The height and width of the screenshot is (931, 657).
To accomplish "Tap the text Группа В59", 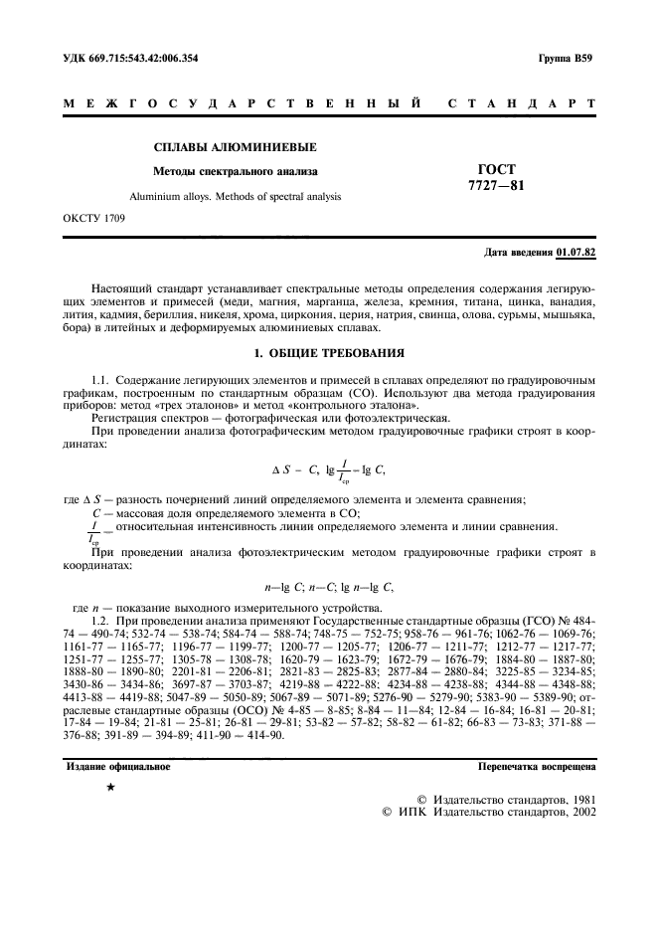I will tap(566, 59).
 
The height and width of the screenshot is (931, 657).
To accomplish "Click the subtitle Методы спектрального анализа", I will tap(235, 171).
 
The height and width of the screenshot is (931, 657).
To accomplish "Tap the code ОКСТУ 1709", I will tap(93, 217).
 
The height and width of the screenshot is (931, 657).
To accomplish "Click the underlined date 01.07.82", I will tap(575, 255).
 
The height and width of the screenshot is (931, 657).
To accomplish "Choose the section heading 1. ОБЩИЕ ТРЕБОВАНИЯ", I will tap(328, 354).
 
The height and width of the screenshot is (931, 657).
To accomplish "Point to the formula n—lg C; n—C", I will tap(328, 589).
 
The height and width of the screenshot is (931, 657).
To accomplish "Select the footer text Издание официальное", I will tap(116, 767).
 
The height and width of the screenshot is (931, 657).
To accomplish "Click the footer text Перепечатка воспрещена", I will tap(536, 767).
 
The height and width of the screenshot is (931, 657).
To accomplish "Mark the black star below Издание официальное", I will tap(110, 788).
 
